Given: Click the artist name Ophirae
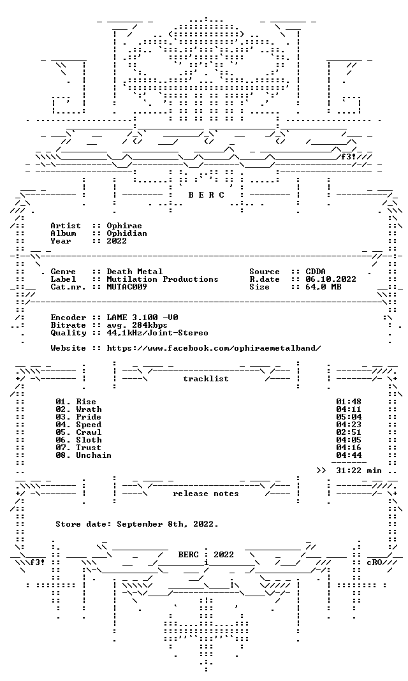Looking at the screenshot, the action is pyautogui.click(x=124, y=226).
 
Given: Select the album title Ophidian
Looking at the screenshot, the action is pyautogui.click(x=127, y=233).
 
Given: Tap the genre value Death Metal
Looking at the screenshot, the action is pyautogui.click(x=135, y=272).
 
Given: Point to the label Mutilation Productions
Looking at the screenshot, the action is pyautogui.click(x=163, y=279).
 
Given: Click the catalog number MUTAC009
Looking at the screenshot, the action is pyautogui.click(x=127, y=287).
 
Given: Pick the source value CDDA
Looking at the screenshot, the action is pyautogui.click(x=316, y=272).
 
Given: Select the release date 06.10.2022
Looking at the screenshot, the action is pyautogui.click(x=331, y=279).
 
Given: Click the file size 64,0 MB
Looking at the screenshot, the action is pyautogui.click(x=323, y=287).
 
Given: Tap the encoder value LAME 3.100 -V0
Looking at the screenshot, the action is pyautogui.click(x=142, y=318).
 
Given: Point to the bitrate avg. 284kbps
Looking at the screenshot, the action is pyautogui.click(x=137, y=325).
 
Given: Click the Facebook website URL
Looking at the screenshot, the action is pyautogui.click(x=214, y=348).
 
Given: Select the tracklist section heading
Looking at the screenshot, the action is pyautogui.click(x=206, y=379).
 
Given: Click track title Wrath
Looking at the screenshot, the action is pyautogui.click(x=89, y=409).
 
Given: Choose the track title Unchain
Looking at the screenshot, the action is pyautogui.click(x=94, y=455).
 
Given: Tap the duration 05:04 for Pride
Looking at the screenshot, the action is pyautogui.click(x=349, y=417).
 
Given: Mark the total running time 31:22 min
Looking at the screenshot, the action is pyautogui.click(x=359, y=471).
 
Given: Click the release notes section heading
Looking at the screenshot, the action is pyautogui.click(x=206, y=494).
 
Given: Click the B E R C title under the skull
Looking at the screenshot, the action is pyautogui.click(x=206, y=195).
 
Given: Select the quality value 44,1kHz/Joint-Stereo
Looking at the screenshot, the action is pyautogui.click(x=157, y=333).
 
